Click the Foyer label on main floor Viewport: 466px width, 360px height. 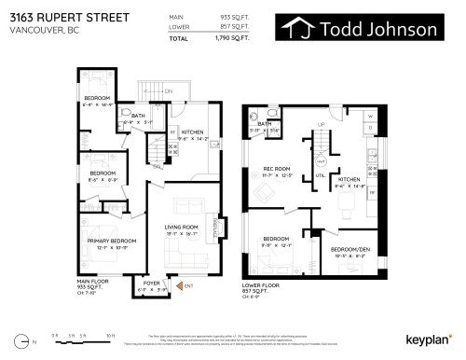[147, 283]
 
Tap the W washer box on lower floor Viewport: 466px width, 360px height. [369, 117]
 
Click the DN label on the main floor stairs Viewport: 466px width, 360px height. [169, 91]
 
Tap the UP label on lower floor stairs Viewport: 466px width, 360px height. [322, 124]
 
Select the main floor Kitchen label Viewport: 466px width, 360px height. [193, 132]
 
